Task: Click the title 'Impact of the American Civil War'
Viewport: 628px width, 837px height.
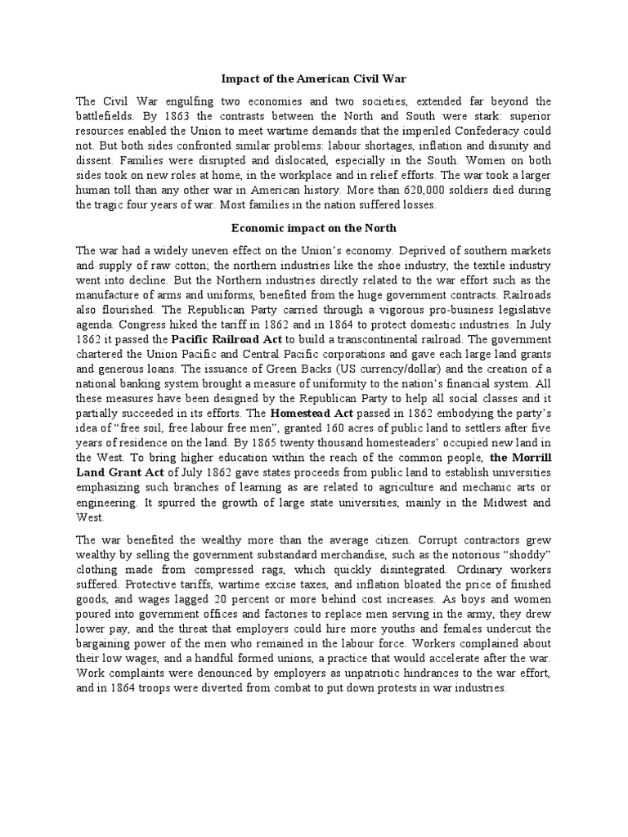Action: (x=314, y=79)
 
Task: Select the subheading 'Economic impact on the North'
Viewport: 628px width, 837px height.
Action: (x=314, y=228)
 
